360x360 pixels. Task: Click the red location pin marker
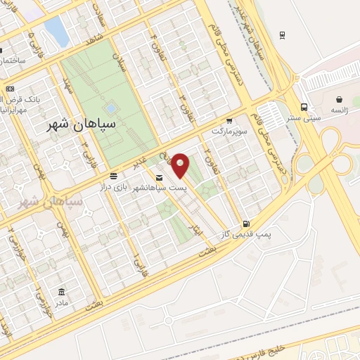click(x=181, y=165)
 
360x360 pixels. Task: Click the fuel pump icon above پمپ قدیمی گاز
click(x=245, y=222)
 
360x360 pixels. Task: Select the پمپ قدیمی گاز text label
click(x=247, y=233)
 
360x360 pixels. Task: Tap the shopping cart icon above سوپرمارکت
click(x=230, y=120)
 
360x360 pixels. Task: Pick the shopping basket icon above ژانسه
click(x=339, y=99)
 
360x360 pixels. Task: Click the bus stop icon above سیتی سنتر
click(x=303, y=107)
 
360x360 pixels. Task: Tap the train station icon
click(x=283, y=34)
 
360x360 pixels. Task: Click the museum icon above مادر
click(x=62, y=292)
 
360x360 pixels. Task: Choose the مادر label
click(x=62, y=303)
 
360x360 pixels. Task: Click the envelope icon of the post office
click(x=159, y=178)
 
